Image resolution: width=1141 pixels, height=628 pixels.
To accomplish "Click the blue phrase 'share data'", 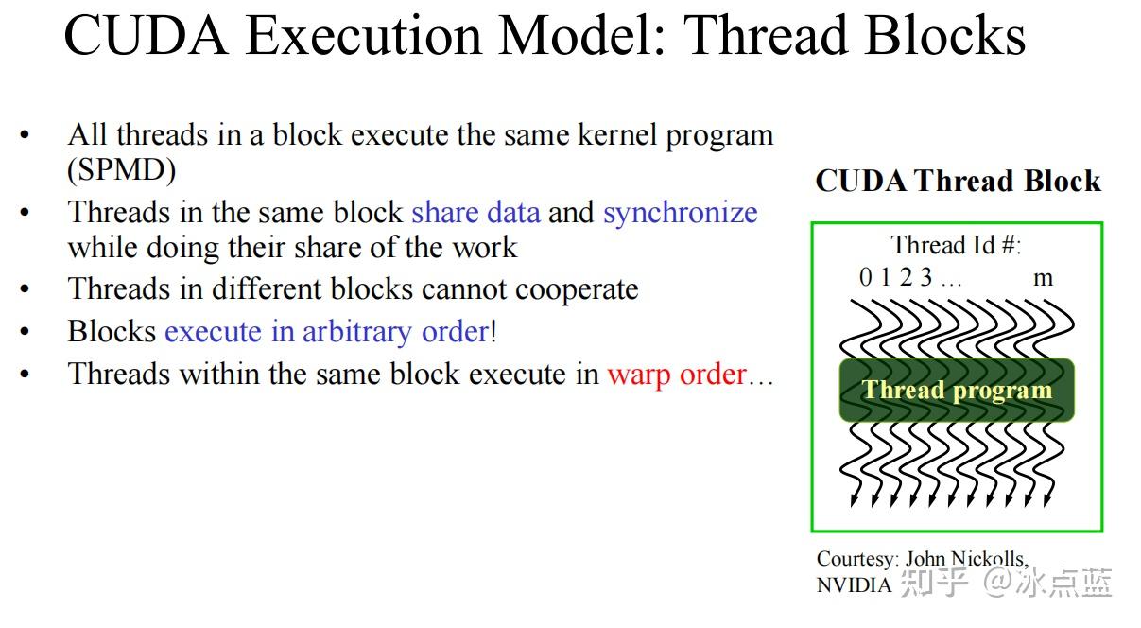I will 475,212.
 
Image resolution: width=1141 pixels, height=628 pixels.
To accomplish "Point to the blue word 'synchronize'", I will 680,212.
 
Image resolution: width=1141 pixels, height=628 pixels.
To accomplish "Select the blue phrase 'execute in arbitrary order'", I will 326,331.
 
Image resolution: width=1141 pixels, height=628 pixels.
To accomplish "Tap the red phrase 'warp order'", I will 677,375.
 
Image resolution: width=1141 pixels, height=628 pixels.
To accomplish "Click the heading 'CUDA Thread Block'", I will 958,181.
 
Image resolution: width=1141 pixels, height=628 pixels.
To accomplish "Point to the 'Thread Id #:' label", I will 956,245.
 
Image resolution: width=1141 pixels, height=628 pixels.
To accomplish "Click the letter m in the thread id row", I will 1043,277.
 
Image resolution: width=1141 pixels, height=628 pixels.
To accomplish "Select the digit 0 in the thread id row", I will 865,277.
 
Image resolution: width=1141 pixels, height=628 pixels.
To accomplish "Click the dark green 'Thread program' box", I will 957,390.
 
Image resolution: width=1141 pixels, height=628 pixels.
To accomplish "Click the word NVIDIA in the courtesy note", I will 854,584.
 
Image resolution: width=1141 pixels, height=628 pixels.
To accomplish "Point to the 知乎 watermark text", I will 934,582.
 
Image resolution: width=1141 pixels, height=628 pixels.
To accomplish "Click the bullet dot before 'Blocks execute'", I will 25,332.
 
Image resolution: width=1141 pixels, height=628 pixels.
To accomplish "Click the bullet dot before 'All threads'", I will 25,136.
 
